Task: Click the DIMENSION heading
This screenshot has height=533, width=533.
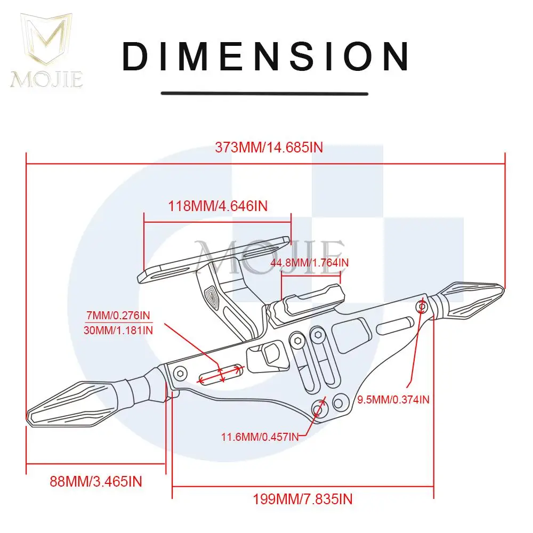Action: coord(265,56)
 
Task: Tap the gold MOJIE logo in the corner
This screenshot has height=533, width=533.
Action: coord(46,51)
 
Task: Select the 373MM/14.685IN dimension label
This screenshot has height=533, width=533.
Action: coord(269,148)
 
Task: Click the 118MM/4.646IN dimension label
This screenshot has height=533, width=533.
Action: coord(218,206)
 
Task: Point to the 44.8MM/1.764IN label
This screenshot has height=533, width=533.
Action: coord(310,262)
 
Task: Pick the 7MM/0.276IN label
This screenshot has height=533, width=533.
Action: coord(118,315)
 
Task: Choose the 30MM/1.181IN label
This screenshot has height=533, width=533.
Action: coord(118,330)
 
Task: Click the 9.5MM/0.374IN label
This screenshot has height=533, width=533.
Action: coord(393,399)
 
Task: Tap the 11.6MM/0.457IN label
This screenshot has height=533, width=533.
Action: coord(260,437)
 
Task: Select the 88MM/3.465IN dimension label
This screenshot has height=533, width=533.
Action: coord(96,482)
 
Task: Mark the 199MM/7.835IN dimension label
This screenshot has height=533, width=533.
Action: coord(303,499)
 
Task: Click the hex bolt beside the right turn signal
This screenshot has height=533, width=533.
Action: coord(422,307)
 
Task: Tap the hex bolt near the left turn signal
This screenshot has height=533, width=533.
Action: coord(180,374)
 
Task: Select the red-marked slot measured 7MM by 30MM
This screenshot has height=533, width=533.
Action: coord(221,375)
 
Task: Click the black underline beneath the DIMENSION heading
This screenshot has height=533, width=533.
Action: coord(264,93)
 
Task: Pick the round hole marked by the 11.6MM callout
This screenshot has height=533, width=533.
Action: coord(319,409)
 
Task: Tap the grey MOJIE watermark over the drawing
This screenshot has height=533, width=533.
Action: coord(269,257)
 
